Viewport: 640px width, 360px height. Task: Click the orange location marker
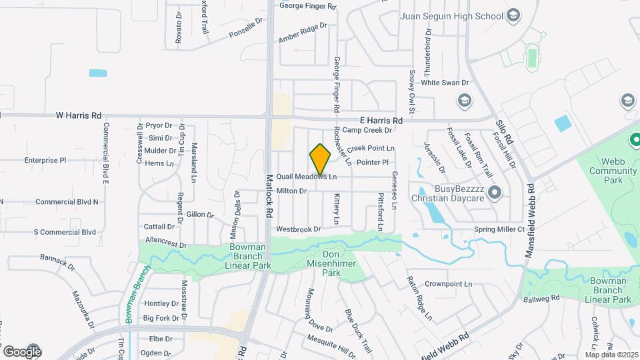point(320,159)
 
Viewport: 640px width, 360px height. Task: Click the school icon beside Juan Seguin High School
point(513,15)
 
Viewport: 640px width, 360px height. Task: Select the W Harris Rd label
point(79,115)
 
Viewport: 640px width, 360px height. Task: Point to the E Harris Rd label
point(381,120)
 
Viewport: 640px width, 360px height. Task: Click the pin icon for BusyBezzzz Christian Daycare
point(494,193)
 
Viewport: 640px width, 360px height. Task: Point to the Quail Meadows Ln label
point(307,177)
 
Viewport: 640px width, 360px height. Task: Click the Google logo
point(21,351)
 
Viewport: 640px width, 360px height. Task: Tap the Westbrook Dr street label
point(299,229)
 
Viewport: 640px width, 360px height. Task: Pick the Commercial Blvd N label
point(67,201)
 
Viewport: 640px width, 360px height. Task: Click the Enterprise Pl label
point(45,160)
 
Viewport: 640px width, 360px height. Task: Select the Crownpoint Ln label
point(448,283)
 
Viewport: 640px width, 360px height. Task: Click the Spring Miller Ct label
point(500,229)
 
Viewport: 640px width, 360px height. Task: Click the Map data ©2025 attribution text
point(611,354)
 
